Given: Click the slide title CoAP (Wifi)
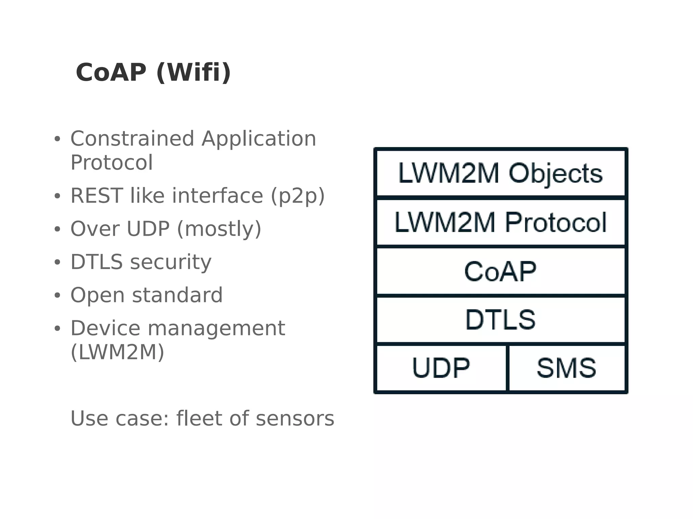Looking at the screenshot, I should (153, 73).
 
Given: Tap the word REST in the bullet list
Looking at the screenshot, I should (96, 196).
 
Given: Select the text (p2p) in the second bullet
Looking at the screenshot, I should (297, 196).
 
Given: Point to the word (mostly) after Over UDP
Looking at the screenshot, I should (219, 229).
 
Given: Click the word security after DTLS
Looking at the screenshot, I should (171, 262).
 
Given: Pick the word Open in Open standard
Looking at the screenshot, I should (97, 295).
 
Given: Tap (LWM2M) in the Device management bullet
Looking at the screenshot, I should (117, 352).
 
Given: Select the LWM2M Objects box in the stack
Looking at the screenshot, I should (500, 173).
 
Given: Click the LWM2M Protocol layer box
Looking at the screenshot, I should (500, 222).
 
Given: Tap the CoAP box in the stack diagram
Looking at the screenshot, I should (500, 272).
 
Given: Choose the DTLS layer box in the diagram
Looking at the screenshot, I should (500, 320).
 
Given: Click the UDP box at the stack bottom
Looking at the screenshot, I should (441, 368).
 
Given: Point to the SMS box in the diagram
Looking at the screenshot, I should (566, 368).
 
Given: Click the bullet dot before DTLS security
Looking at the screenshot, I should (57, 262).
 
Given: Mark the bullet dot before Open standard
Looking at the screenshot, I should (57, 296).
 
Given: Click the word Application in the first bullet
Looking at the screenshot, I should (259, 139).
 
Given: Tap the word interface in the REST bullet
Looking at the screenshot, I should (218, 196).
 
